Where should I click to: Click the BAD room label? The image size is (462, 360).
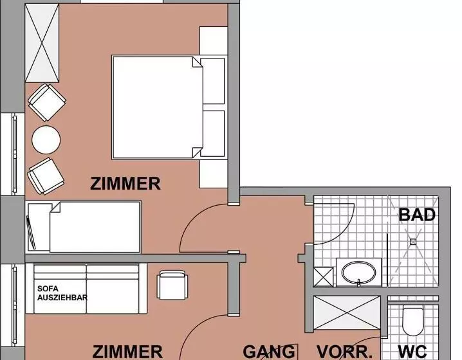click(x=417, y=215)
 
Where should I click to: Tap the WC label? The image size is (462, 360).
click(x=412, y=352)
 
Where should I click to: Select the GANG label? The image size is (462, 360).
click(x=269, y=352)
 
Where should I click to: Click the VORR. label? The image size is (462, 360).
click(x=344, y=352)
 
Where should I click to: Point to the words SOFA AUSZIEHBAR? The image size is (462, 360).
click(x=62, y=293)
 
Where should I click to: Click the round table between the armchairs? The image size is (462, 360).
click(x=46, y=139)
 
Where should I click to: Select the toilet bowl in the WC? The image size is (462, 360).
click(x=412, y=321)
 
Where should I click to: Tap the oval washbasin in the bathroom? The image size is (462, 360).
click(x=358, y=273)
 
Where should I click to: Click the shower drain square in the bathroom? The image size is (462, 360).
click(x=413, y=242)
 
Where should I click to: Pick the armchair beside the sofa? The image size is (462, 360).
click(x=172, y=285)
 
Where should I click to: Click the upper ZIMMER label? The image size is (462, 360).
click(x=125, y=183)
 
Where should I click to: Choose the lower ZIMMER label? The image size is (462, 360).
click(x=127, y=352)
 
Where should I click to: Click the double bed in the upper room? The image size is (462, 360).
click(x=169, y=107)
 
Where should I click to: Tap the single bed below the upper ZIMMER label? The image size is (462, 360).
click(x=84, y=227)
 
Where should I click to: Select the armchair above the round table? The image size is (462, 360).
click(x=47, y=102)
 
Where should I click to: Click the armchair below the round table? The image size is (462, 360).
click(x=46, y=176)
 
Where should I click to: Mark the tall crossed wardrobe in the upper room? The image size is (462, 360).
click(x=42, y=43)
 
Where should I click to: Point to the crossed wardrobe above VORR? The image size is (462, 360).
click(x=347, y=313)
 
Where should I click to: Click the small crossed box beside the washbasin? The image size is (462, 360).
click(x=324, y=276)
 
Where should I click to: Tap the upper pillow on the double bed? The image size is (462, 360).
click(x=213, y=81)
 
